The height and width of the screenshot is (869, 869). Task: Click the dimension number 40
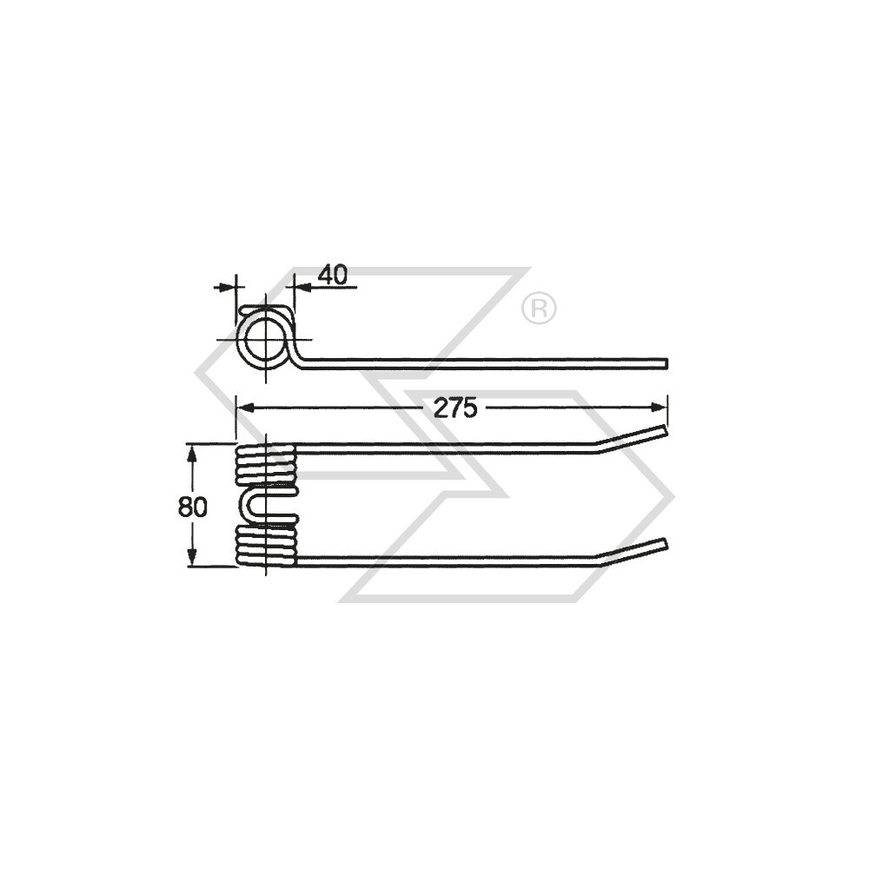(332, 275)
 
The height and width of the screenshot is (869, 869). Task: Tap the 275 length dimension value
(457, 408)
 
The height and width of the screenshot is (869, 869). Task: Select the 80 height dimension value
(193, 506)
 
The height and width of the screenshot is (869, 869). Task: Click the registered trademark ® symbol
(539, 308)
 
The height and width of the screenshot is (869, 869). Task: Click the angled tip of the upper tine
(665, 429)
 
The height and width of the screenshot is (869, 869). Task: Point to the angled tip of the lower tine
(665, 544)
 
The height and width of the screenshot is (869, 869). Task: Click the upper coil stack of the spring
(266, 465)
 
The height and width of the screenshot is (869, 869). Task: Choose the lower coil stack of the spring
(266, 545)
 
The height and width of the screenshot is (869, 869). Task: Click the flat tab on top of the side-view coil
(266, 308)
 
